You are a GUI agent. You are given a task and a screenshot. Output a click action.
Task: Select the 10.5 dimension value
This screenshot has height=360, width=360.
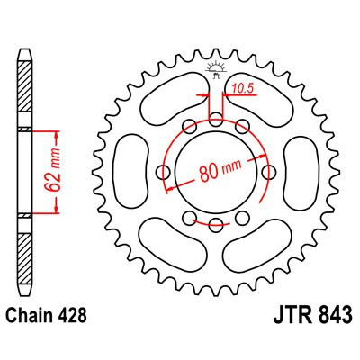pyautogui.click(x=240, y=87)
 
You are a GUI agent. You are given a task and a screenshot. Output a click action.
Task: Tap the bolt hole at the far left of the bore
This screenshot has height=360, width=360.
pyautogui.click(x=164, y=172)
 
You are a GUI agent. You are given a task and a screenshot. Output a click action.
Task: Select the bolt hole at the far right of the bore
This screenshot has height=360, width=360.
pyautogui.click(x=271, y=172)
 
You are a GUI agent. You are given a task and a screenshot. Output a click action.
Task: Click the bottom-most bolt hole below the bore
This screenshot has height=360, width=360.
pyautogui.click(x=217, y=224)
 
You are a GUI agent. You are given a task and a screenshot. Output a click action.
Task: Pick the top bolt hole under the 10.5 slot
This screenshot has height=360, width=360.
pyautogui.click(x=217, y=119)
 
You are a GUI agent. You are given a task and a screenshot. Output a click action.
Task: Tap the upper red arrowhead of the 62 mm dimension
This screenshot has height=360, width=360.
pyautogui.click(x=58, y=133)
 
